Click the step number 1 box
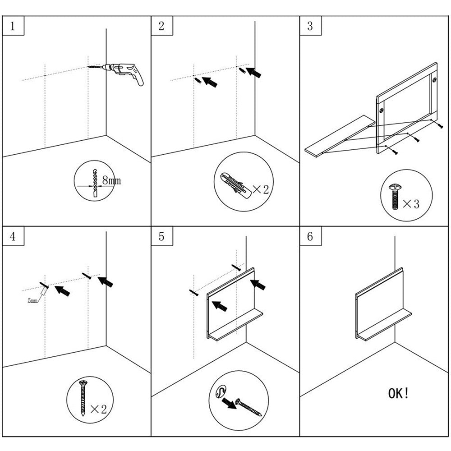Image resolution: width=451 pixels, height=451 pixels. pyautogui.click(x=13, y=26)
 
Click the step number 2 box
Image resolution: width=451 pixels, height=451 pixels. pyautogui.click(x=161, y=26)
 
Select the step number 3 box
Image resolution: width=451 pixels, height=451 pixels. pyautogui.click(x=310, y=26)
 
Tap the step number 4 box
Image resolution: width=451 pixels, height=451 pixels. pyautogui.click(x=13, y=237)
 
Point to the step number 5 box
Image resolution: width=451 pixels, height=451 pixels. pyautogui.click(x=161, y=237)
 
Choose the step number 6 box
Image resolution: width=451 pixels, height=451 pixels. pyautogui.click(x=310, y=237)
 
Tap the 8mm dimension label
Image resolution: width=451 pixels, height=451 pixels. pyautogui.click(x=111, y=181)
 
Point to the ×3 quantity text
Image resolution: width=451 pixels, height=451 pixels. pyautogui.click(x=410, y=204)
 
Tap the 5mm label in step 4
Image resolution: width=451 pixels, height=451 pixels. pyautogui.click(x=32, y=300)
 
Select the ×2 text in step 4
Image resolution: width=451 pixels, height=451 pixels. pyautogui.click(x=98, y=409)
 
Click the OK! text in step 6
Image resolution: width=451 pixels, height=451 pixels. pyautogui.click(x=399, y=393)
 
